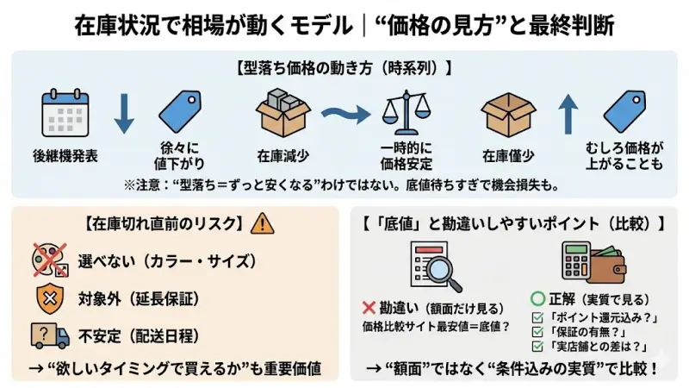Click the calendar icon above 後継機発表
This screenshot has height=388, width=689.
66,116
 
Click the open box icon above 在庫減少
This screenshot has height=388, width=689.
281,113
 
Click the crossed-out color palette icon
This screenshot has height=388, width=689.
49,260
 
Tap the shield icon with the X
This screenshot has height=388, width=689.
48,298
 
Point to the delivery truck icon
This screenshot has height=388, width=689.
49,335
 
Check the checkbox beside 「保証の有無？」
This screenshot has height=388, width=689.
538,332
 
